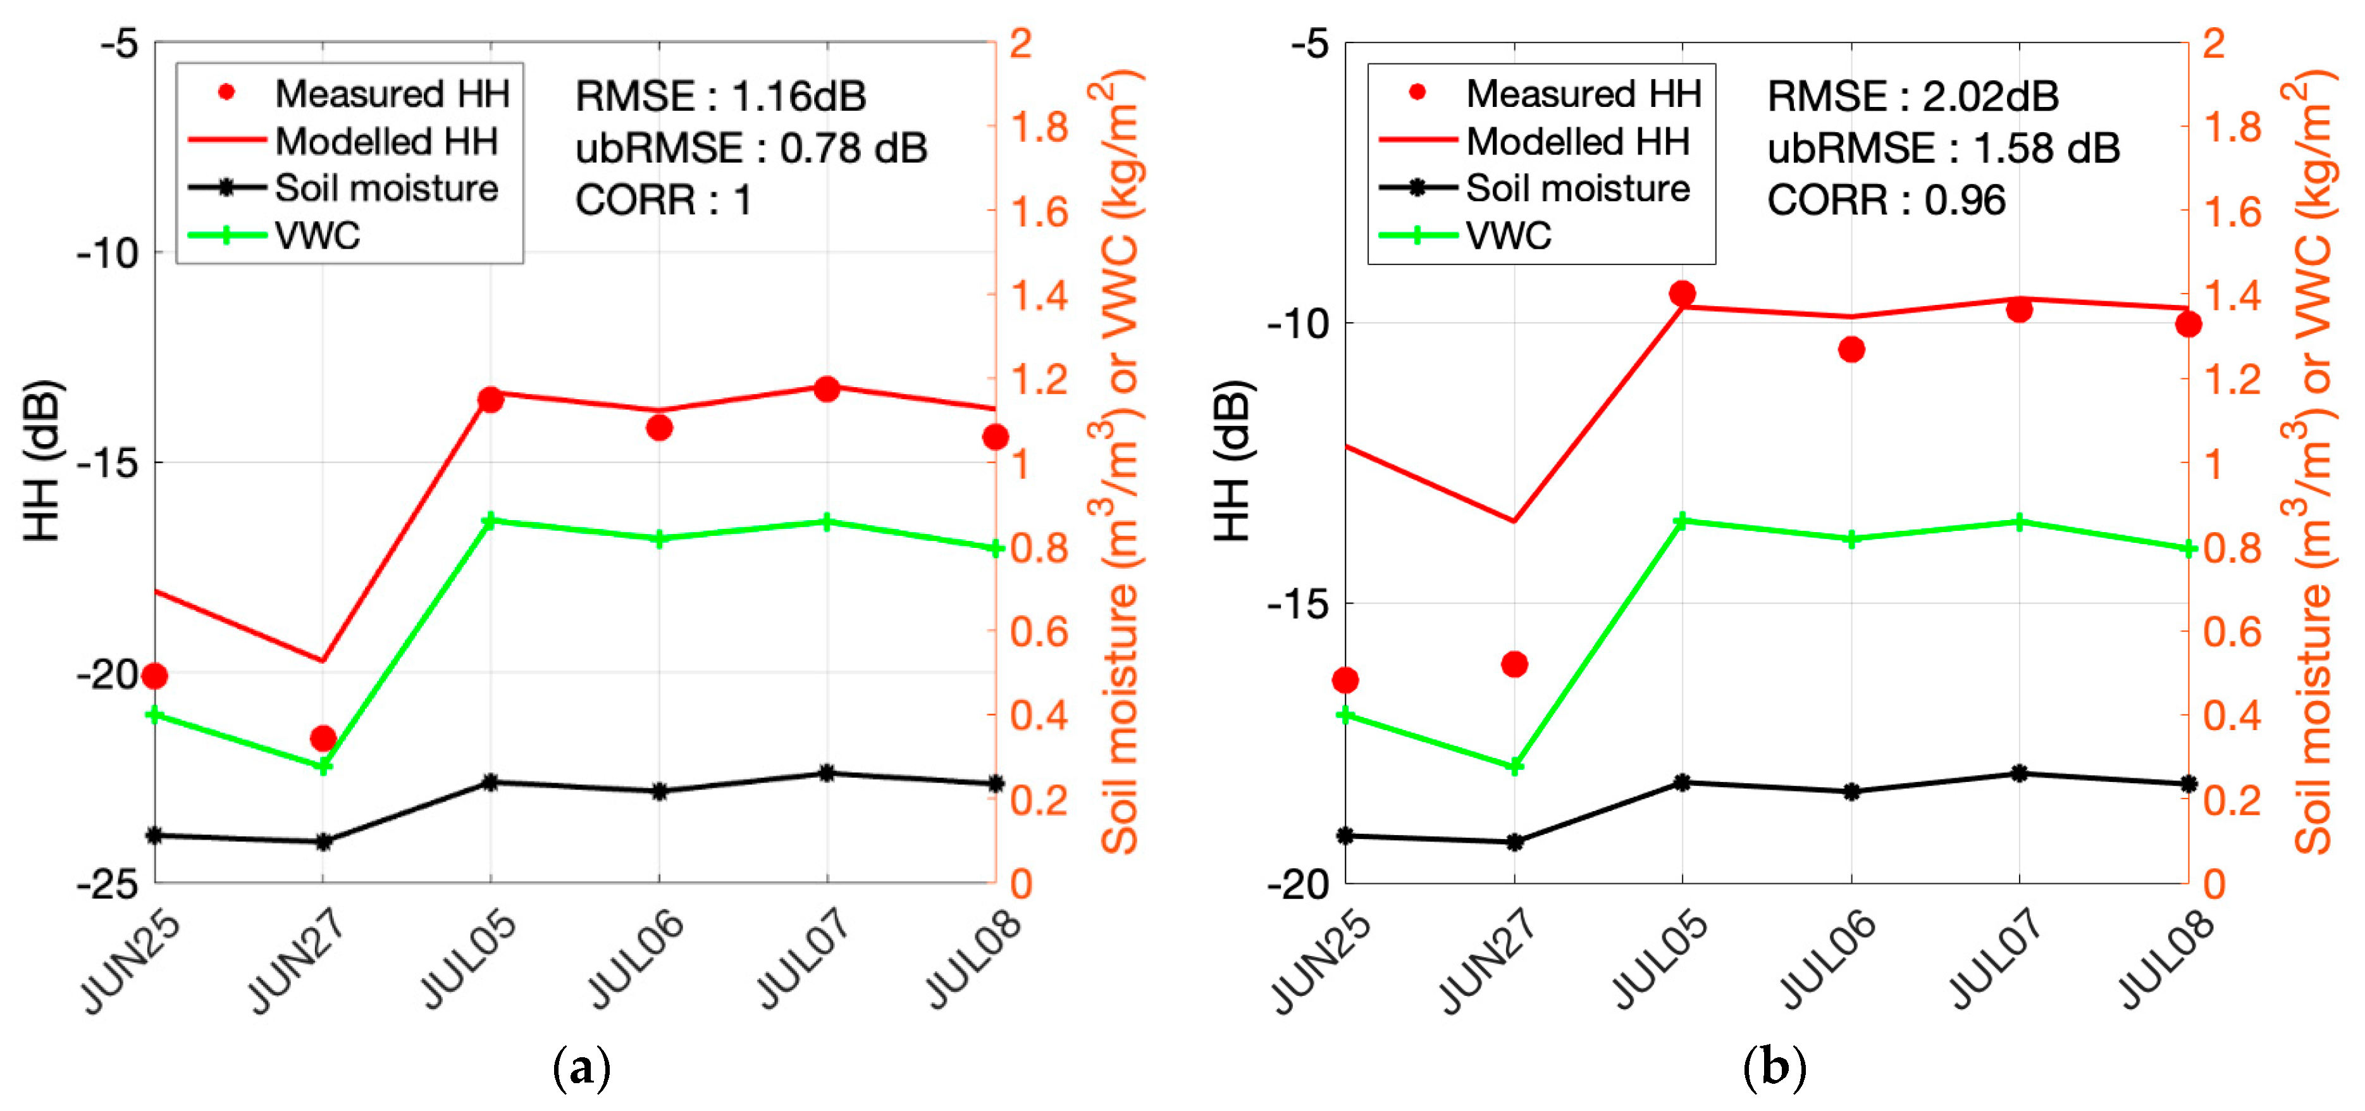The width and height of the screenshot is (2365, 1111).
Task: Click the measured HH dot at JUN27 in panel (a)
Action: [322, 738]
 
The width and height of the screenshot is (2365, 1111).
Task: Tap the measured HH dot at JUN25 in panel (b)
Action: [1346, 680]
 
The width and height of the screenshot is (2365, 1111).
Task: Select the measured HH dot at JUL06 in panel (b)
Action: [1851, 349]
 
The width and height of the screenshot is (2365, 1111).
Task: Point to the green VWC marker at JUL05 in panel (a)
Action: [490, 521]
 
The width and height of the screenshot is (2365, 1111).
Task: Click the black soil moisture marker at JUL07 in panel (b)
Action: [2019, 773]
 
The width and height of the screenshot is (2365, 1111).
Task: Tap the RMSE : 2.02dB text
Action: [1912, 96]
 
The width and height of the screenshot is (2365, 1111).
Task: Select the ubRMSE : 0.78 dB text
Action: [751, 148]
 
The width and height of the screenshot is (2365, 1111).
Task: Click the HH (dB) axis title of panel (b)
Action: [1233, 461]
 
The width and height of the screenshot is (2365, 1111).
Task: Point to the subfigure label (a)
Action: [581, 1068]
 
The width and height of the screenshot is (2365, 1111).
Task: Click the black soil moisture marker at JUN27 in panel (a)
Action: [322, 841]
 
